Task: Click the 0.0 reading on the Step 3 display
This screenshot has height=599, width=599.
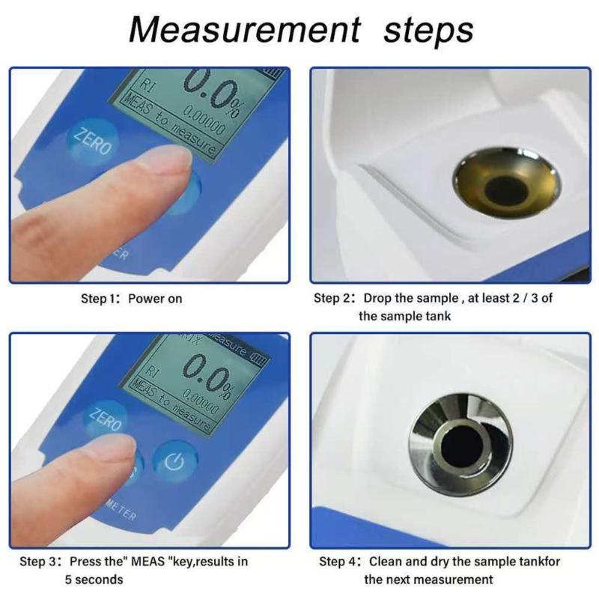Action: pyautogui.click(x=210, y=374)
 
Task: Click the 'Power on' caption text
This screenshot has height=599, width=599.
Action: pyautogui.click(x=155, y=299)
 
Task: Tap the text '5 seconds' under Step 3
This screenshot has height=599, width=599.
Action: pyautogui.click(x=94, y=580)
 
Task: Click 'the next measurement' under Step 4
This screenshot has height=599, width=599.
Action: pyautogui.click(x=428, y=580)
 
